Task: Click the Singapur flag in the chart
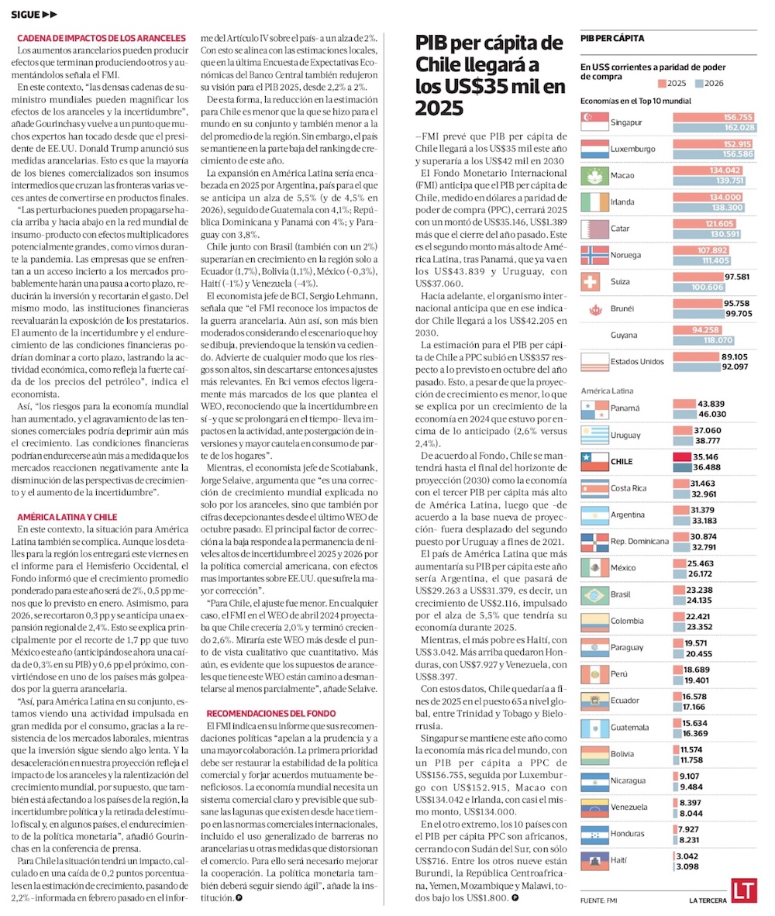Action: coord(594,122)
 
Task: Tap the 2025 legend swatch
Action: coord(661,82)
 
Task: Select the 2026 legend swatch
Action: coord(700,82)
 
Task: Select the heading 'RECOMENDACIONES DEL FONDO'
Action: coord(270,713)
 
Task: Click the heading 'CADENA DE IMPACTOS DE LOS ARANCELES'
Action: coord(101,37)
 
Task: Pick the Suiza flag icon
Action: coord(594,282)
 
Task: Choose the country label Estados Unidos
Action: coord(637,362)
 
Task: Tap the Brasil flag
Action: coord(594,594)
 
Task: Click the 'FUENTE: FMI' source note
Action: coord(598,901)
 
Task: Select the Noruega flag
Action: coord(594,255)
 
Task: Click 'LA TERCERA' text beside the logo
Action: coord(706,901)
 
